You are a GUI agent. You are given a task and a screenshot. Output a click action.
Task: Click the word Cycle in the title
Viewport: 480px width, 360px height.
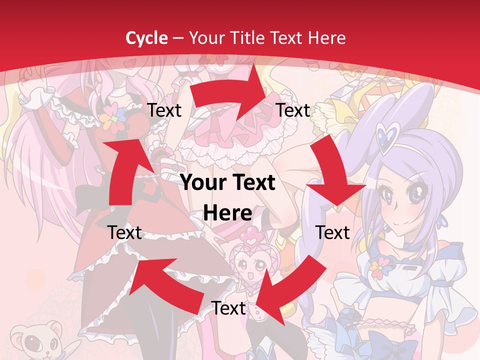coord(146,38)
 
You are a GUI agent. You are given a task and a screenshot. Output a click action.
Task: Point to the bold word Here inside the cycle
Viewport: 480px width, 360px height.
coord(227,213)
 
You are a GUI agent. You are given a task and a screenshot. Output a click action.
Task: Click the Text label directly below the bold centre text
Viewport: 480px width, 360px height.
coord(228,308)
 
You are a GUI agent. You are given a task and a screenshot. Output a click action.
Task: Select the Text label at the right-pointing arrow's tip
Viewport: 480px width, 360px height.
coord(293,110)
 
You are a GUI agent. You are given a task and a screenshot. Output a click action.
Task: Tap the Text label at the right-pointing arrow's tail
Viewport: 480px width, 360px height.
coord(164,110)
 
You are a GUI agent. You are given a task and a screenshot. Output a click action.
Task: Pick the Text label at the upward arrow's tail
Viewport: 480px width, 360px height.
coord(125,232)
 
